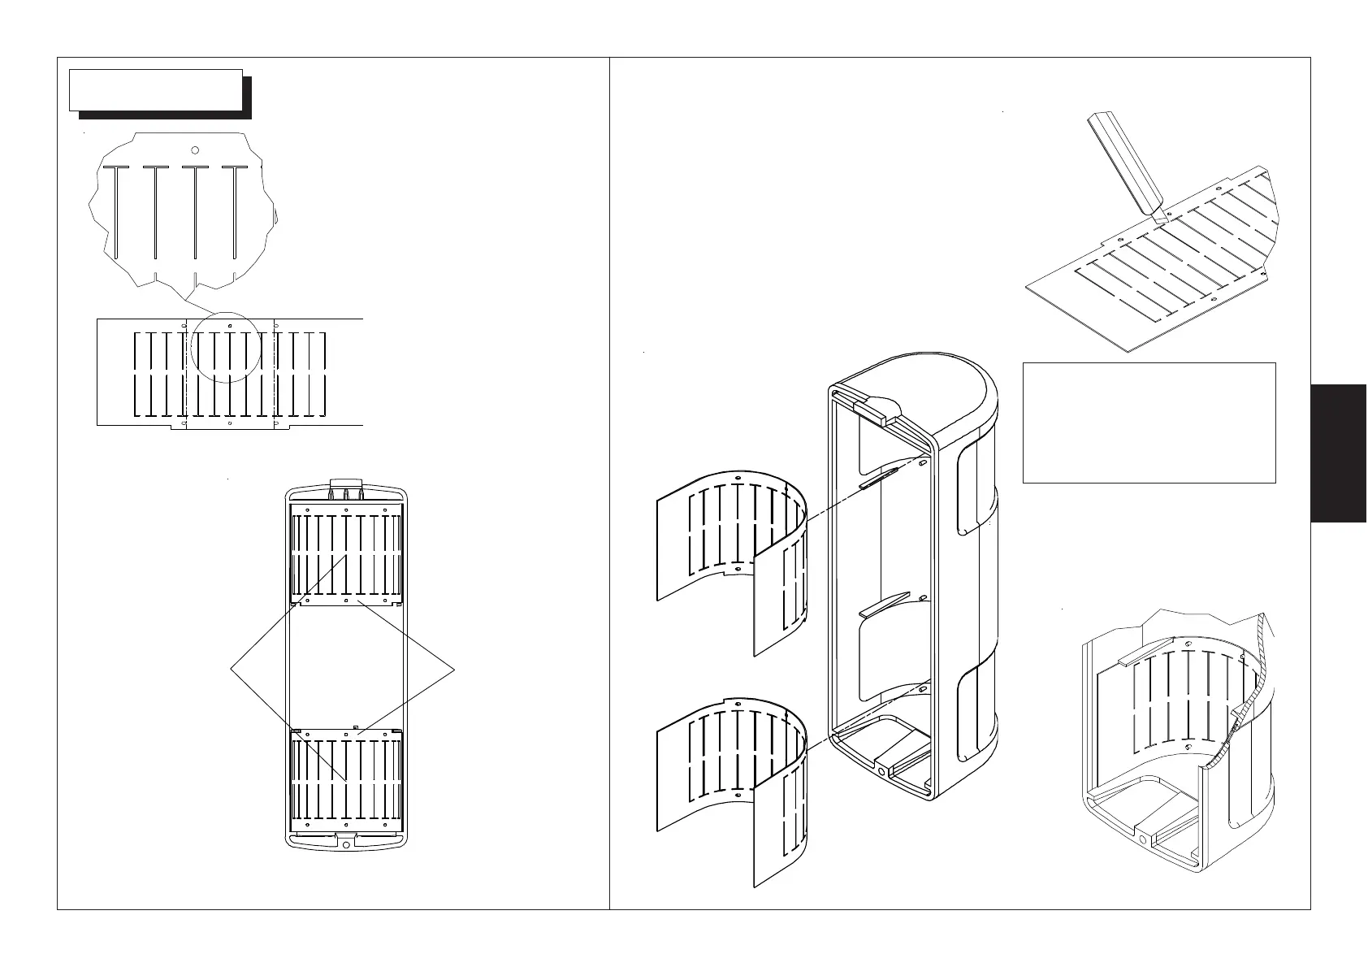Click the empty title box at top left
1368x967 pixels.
[x=156, y=89]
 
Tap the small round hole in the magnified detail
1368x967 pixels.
[x=195, y=150]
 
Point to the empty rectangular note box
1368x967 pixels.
[x=1149, y=423]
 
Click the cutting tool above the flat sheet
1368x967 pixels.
[x=1125, y=167]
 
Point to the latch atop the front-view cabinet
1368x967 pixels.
[x=346, y=490]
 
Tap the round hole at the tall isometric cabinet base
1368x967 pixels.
[x=881, y=770]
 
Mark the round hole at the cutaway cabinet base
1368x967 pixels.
[x=1143, y=839]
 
